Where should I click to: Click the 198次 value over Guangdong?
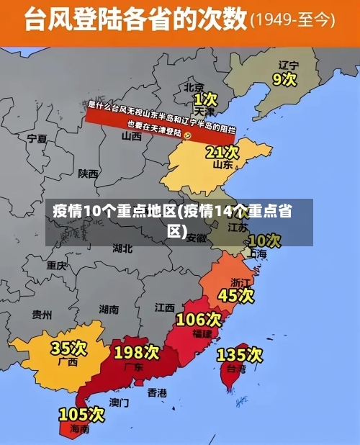click(x=136, y=352)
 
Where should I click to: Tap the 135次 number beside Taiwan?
click(x=239, y=355)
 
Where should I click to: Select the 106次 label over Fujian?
click(x=198, y=319)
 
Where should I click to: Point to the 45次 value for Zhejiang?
click(x=235, y=295)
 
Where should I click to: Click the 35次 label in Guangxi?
click(x=69, y=349)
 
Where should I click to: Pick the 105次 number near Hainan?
click(x=82, y=414)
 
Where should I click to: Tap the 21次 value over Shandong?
click(x=222, y=152)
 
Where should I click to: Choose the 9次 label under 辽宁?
click(x=284, y=78)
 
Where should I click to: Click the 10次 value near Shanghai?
click(x=264, y=240)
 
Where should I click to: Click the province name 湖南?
click(x=109, y=310)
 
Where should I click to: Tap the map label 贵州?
click(x=42, y=314)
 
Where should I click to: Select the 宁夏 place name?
click(x=37, y=138)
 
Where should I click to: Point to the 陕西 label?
click(x=89, y=174)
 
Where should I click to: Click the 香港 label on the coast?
click(x=156, y=392)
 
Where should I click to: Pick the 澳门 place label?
click(x=120, y=402)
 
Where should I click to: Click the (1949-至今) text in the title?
click(x=292, y=21)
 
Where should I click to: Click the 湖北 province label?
click(x=122, y=248)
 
